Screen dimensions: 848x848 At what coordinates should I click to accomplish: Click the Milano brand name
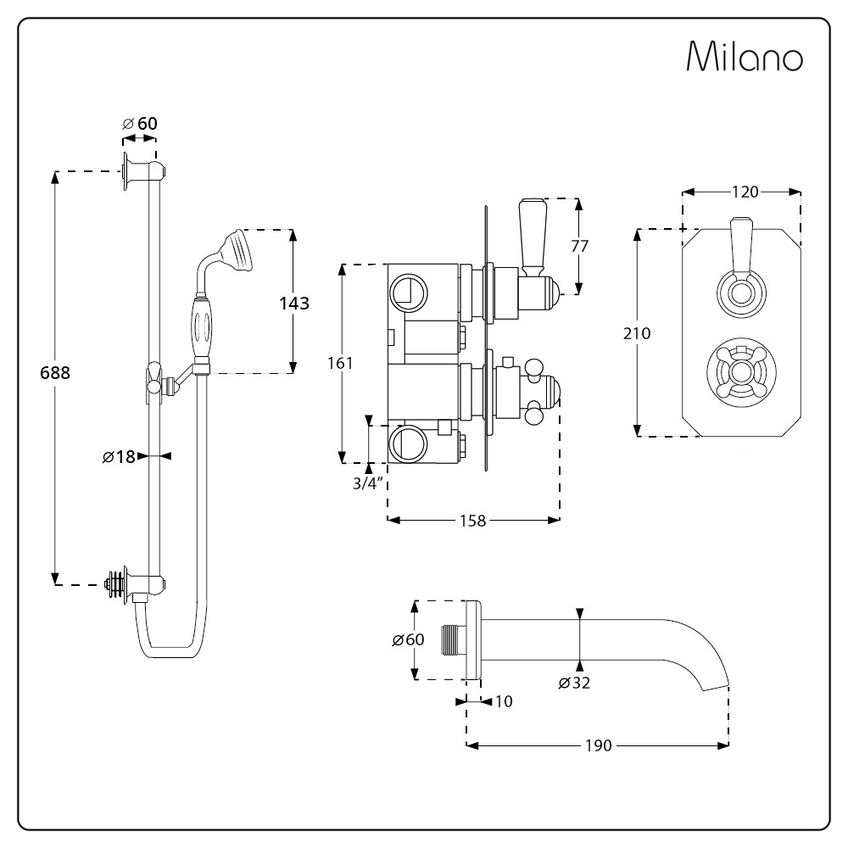click(745, 56)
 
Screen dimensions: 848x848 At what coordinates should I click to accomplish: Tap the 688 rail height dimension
click(55, 372)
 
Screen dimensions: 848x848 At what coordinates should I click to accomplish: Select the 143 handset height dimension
click(294, 303)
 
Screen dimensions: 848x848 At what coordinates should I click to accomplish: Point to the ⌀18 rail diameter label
click(119, 457)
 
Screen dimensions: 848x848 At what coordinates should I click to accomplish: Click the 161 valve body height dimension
click(340, 363)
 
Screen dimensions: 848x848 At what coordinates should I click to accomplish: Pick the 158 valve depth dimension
click(472, 521)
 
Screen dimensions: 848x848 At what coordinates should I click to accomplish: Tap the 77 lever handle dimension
click(580, 246)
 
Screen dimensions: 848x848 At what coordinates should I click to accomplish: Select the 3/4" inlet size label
click(367, 483)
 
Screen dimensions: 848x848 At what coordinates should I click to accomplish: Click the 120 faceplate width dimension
click(745, 192)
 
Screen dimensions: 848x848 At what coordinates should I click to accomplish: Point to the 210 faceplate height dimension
click(637, 333)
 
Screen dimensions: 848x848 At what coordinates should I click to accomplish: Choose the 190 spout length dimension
click(598, 745)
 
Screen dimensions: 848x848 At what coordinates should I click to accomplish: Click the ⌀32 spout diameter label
click(574, 683)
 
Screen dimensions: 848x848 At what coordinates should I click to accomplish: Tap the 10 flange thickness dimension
click(504, 701)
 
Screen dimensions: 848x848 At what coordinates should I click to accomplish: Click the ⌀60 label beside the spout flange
click(409, 639)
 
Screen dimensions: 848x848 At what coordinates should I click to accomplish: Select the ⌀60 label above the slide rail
click(140, 123)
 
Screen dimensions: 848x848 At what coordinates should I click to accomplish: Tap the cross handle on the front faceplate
click(741, 371)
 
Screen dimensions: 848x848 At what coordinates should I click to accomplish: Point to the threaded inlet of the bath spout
click(453, 640)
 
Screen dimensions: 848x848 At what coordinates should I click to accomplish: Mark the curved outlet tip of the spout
click(715, 688)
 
